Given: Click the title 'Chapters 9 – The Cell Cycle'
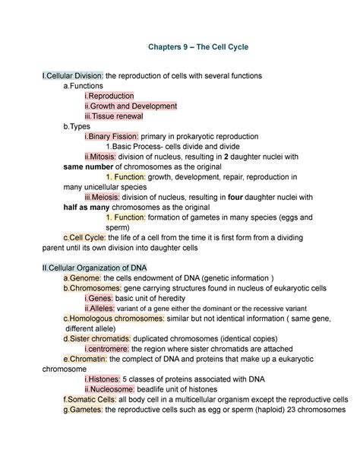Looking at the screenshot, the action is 195,47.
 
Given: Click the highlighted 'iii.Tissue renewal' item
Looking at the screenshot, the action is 114,116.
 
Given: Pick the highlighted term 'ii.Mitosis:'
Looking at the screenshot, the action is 104,156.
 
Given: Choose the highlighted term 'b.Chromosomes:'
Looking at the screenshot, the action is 92,289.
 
